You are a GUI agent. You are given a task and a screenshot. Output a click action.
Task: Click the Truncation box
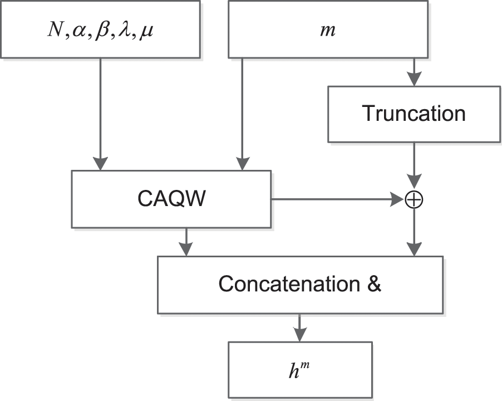414,114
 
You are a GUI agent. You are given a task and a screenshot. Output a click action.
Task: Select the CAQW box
171,199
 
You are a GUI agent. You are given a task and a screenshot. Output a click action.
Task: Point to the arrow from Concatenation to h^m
299,327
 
